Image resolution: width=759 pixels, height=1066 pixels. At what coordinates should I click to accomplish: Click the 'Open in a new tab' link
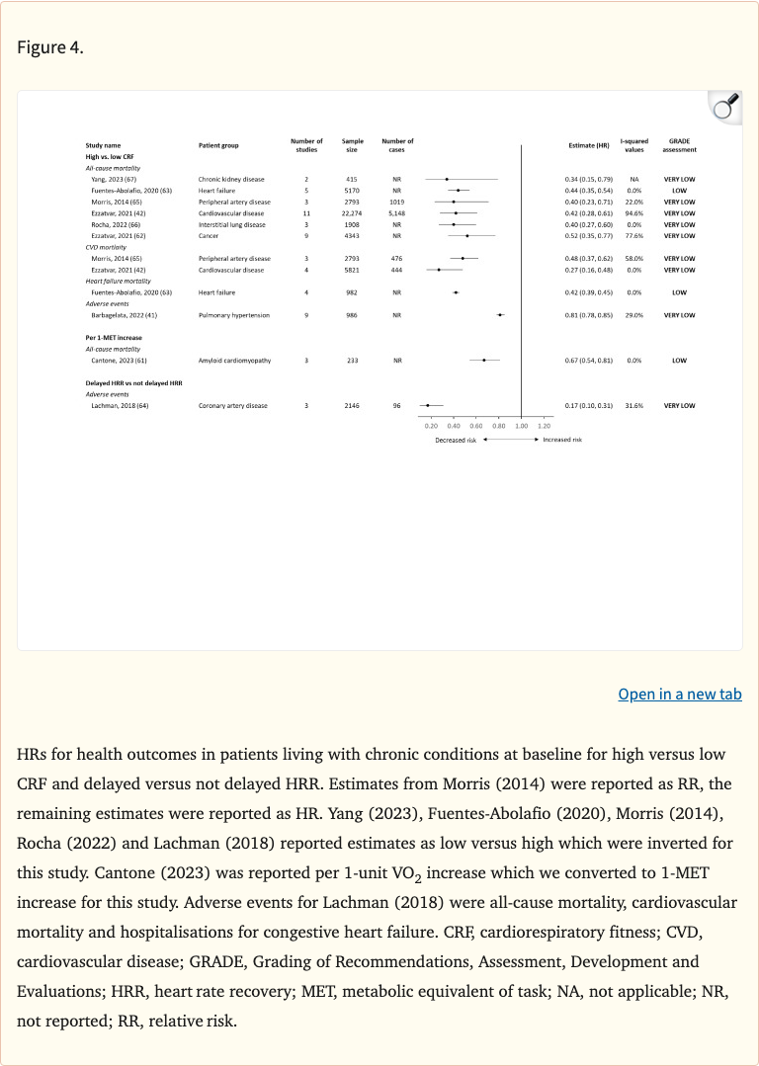click(x=679, y=694)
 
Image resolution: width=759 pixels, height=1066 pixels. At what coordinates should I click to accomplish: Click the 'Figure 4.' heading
click(x=50, y=47)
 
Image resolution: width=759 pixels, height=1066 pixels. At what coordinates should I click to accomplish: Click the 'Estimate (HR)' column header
click(x=588, y=145)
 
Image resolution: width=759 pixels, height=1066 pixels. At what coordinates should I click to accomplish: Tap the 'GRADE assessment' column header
click(x=679, y=145)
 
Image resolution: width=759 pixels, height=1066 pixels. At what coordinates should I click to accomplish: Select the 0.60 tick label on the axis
click(x=476, y=425)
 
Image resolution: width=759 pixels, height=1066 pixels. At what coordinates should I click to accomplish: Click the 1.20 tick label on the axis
click(x=544, y=425)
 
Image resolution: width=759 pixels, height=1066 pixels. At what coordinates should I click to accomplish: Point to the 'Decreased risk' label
click(x=456, y=440)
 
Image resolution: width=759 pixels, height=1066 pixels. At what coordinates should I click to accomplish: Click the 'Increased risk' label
click(x=562, y=440)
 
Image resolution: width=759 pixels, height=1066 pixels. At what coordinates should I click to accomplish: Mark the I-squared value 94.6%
click(x=634, y=212)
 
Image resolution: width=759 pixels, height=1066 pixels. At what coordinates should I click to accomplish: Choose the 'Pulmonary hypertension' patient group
click(x=235, y=315)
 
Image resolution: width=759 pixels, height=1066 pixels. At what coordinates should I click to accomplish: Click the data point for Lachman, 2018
click(x=428, y=405)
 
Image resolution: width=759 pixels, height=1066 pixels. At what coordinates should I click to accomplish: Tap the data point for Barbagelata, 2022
click(x=500, y=315)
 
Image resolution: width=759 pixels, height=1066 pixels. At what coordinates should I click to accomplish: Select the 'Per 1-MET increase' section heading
click(x=114, y=338)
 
